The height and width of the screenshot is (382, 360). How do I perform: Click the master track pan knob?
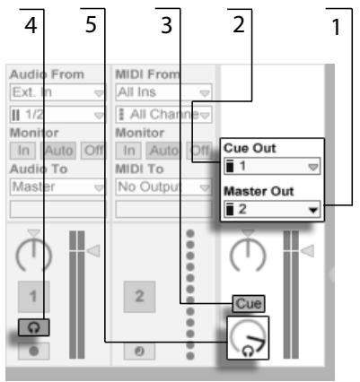click(x=249, y=256)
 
